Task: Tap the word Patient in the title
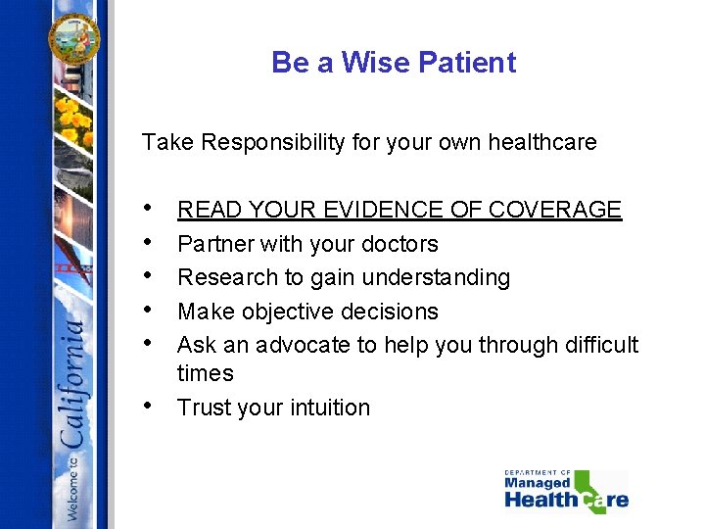tap(467, 63)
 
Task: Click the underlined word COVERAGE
tap(554, 210)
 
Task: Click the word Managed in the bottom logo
tap(538, 483)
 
